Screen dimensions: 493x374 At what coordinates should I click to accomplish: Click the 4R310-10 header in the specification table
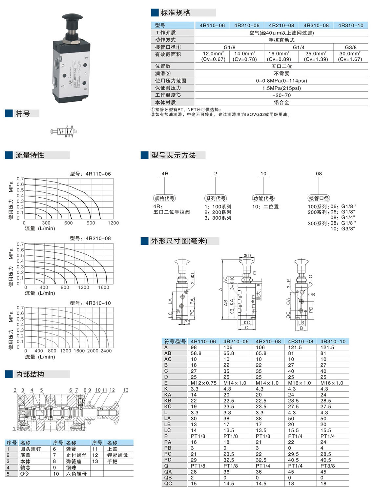pos(351,25)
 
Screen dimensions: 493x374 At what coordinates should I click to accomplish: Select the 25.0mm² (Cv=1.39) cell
pos(316,56)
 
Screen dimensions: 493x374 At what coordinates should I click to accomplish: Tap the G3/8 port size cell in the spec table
pos(350,47)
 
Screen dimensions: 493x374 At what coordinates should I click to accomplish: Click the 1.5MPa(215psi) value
pos(282,88)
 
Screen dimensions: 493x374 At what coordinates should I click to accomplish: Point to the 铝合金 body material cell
pos(281,102)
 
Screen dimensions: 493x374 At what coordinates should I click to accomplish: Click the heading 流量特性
pos(30,155)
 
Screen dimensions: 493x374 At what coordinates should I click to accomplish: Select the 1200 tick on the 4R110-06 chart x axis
pos(113,223)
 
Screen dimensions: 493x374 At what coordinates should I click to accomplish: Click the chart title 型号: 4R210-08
pos(90,238)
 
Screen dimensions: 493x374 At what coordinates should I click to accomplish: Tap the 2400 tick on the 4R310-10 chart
pos(106,351)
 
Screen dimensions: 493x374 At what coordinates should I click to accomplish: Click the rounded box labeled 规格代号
pos(164,198)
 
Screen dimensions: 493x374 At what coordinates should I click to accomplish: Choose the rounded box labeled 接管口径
pos(319,198)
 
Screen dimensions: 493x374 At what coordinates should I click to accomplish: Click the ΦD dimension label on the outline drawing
pos(247,256)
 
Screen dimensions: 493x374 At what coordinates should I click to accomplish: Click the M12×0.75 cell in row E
pos(203,383)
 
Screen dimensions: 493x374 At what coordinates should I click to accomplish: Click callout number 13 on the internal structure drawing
pos(126,390)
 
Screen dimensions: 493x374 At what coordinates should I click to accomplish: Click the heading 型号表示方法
pos(173,155)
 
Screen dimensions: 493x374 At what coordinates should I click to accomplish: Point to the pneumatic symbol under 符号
pos(64,131)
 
